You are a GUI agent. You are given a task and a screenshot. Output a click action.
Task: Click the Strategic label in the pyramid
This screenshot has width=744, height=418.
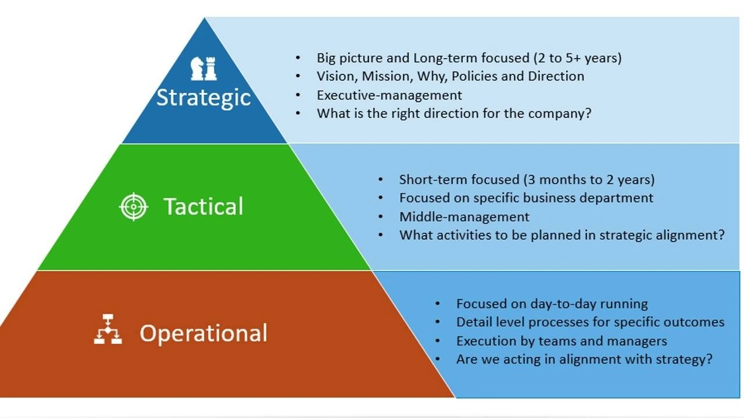(203, 98)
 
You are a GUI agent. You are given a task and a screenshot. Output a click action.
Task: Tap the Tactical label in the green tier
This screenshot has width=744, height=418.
(203, 206)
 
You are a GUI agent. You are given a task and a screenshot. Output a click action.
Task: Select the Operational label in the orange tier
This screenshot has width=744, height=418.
(203, 333)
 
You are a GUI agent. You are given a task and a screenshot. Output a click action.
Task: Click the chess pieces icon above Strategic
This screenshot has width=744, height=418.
(203, 69)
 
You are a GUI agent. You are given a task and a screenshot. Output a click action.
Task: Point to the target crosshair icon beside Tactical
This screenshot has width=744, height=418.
(134, 207)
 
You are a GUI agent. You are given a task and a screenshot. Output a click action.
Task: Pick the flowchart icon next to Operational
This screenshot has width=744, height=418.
(108, 329)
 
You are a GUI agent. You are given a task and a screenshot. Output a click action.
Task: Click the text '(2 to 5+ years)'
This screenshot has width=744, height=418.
(578, 58)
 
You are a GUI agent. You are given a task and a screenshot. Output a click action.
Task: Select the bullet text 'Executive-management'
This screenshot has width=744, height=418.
(389, 95)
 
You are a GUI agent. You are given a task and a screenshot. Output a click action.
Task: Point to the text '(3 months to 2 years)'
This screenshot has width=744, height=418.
(589, 180)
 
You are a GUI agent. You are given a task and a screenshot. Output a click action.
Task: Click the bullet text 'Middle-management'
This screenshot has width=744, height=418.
(464, 217)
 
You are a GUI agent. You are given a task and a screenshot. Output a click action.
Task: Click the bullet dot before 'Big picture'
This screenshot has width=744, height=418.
(298, 58)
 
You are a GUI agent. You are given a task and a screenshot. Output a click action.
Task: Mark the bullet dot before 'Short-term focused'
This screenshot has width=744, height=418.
(381, 180)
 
